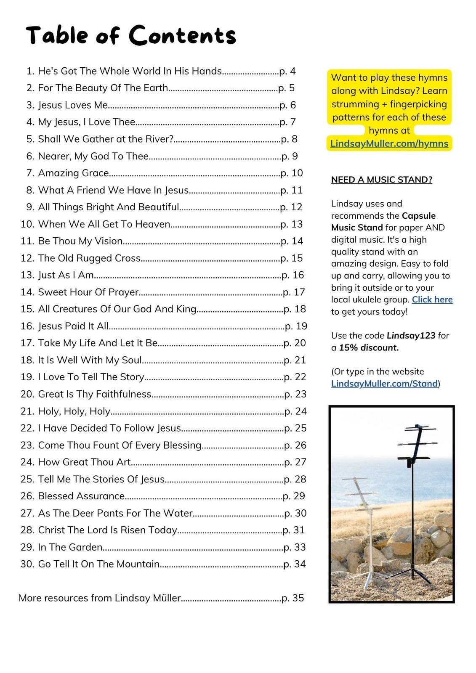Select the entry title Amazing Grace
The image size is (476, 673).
click(74, 173)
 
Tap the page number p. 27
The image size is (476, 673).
click(295, 462)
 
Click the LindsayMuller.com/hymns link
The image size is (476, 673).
click(389, 143)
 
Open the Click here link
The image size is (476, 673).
click(432, 299)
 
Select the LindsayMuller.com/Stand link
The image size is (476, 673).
click(384, 384)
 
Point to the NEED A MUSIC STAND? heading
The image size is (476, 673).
click(382, 180)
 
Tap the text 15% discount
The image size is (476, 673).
click(369, 347)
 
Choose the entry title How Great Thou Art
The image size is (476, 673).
click(85, 462)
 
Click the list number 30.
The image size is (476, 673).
click(27, 564)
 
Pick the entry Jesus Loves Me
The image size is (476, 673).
click(73, 105)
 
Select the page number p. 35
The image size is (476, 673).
click(293, 598)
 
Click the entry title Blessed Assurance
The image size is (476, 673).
click(81, 496)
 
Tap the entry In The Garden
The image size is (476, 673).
click(70, 547)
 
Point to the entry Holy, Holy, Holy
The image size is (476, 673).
click(74, 411)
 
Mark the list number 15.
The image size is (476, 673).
click(27, 309)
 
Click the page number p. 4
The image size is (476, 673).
click(287, 71)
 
